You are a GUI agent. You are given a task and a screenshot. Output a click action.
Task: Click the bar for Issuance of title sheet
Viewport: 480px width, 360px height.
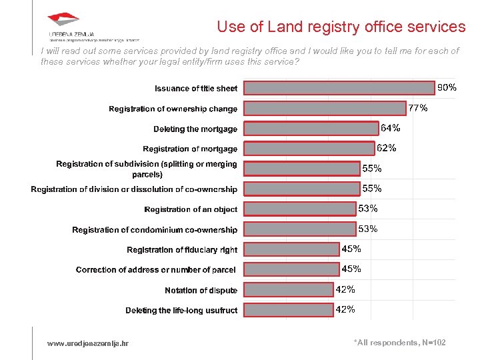pyautogui.click(x=339, y=88)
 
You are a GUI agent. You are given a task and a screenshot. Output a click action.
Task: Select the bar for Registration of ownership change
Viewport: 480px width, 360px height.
pyautogui.click(x=324, y=109)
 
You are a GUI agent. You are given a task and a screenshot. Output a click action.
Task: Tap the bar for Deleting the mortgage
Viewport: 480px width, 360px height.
pyautogui.click(x=310, y=129)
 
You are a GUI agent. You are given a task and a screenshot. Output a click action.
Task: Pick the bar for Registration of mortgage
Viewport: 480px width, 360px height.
pyautogui.click(x=308, y=149)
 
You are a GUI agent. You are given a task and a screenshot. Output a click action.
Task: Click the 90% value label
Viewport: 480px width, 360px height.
pyautogui.click(x=447, y=87)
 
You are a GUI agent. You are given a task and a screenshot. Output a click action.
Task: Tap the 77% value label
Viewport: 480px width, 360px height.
pyautogui.click(x=418, y=107)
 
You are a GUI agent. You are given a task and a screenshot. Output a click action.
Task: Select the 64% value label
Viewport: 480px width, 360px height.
pyautogui.click(x=390, y=127)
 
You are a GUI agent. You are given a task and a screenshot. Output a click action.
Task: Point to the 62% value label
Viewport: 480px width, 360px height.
pyautogui.click(x=387, y=148)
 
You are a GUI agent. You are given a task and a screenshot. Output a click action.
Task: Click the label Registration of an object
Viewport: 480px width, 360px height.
pyautogui.click(x=191, y=209)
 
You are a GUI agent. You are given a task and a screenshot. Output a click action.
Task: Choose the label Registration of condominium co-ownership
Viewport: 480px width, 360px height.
pyautogui.click(x=155, y=229)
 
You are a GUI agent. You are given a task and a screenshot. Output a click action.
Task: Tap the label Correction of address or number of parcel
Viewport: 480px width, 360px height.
pyautogui.click(x=156, y=270)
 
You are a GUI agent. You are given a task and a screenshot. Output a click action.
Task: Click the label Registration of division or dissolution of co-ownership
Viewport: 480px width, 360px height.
pyautogui.click(x=134, y=189)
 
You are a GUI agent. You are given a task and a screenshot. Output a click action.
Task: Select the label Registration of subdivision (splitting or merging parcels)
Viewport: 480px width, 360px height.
pyautogui.click(x=147, y=169)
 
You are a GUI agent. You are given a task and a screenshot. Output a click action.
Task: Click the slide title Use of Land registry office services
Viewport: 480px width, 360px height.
pyautogui.click(x=341, y=27)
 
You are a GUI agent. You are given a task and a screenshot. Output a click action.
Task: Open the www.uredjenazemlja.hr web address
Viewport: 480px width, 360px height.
pyautogui.click(x=88, y=343)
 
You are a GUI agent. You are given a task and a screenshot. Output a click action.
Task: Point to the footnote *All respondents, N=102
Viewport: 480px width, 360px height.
pyautogui.click(x=399, y=343)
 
